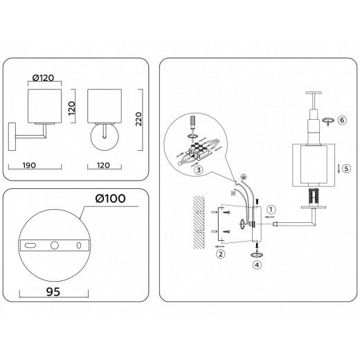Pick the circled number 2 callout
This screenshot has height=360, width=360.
(x=220, y=253)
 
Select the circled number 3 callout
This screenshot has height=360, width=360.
(x=198, y=170)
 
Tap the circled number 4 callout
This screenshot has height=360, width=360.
(x=257, y=263)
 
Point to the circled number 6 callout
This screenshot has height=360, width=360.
(x=341, y=120)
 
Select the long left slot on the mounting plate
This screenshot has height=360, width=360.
(x=30, y=244)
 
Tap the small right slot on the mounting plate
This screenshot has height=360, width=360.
(x=78, y=244)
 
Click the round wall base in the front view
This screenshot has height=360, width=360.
(x=105, y=134)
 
